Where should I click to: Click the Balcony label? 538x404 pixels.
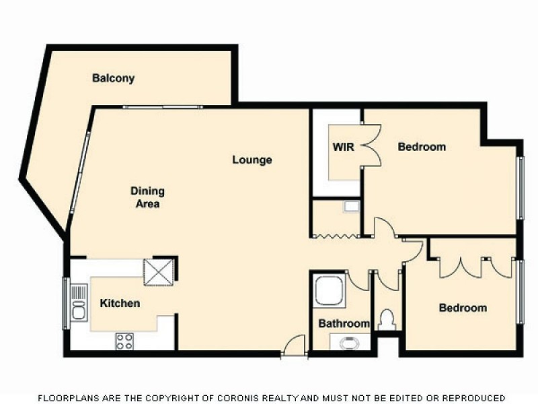(113, 78)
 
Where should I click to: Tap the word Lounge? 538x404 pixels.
(252, 160)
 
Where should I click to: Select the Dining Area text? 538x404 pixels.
(147, 197)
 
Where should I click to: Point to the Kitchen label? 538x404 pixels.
(120, 303)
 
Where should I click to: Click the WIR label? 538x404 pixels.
(343, 147)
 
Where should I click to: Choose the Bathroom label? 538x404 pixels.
(344, 323)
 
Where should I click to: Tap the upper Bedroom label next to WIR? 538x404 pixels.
(422, 147)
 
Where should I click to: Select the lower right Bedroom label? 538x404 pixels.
(463, 308)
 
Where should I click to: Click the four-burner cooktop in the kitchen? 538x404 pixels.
(124, 341)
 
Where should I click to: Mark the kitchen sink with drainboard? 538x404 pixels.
(79, 302)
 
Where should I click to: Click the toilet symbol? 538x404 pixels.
(386, 319)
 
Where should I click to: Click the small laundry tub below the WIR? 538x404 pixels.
(352, 207)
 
